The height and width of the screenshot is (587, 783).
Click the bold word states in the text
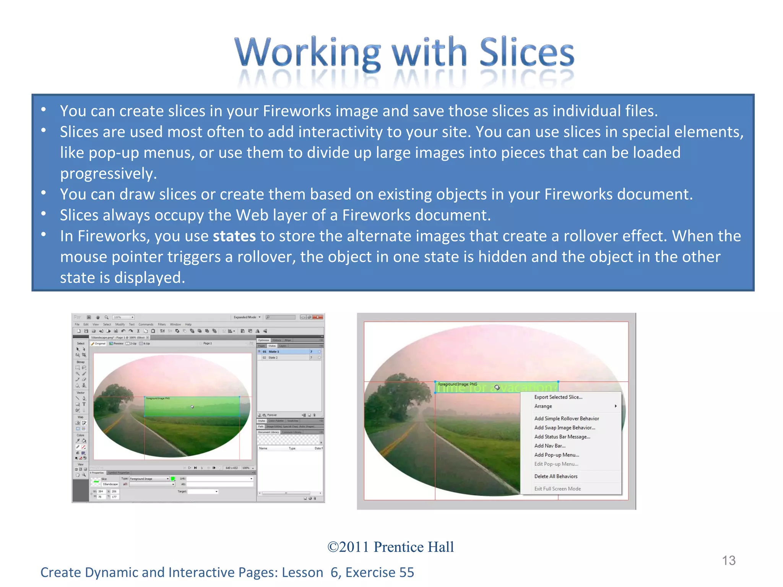(x=234, y=236)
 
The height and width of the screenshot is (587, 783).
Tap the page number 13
(x=728, y=561)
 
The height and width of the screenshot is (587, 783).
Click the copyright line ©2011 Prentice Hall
(x=390, y=547)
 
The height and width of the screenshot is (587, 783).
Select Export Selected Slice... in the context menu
(x=558, y=397)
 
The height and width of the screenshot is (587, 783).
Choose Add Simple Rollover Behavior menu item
(x=566, y=418)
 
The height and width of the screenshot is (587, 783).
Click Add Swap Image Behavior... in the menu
(x=564, y=428)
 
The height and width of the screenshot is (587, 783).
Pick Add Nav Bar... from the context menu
(x=549, y=446)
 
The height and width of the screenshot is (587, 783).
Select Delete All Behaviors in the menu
(x=556, y=476)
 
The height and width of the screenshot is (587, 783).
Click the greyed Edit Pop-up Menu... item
(x=556, y=464)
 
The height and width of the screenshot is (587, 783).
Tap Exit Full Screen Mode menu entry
(x=557, y=489)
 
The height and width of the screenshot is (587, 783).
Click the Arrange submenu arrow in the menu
(x=616, y=406)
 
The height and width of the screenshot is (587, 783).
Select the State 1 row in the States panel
(x=285, y=352)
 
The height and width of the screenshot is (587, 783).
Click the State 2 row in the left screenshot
(x=285, y=358)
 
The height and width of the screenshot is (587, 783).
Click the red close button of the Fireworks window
(x=318, y=317)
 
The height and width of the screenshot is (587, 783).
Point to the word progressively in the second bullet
(x=108, y=174)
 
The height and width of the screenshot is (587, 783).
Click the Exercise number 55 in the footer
(x=406, y=572)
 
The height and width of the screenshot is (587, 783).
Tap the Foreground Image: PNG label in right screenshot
(x=457, y=384)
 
